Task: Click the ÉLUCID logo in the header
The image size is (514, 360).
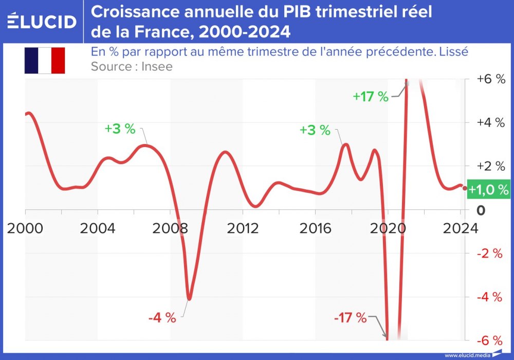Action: click(42, 22)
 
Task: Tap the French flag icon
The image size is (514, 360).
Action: click(44, 61)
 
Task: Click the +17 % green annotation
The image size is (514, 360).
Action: click(371, 96)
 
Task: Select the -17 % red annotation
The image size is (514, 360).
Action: click(350, 318)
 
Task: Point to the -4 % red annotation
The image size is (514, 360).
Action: click(162, 318)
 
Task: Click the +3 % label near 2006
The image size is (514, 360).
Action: click(120, 129)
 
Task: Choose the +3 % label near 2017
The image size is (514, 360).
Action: click(315, 130)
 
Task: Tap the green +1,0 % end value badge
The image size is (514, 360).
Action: click(488, 189)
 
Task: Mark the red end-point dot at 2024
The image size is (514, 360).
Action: click(465, 188)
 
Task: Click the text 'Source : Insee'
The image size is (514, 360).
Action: click(132, 66)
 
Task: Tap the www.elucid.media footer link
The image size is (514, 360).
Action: click(466, 355)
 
